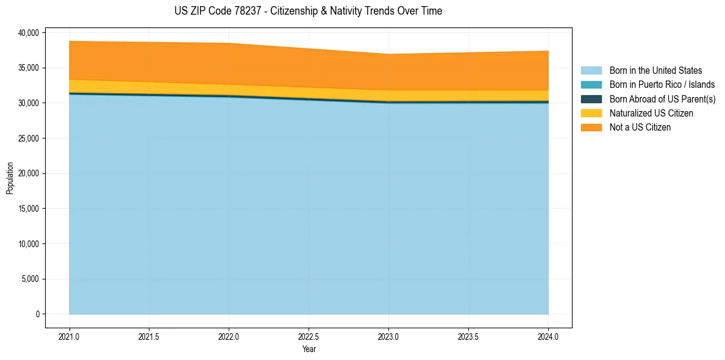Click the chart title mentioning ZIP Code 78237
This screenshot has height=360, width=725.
click(308, 11)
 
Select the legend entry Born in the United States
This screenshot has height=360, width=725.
click(655, 71)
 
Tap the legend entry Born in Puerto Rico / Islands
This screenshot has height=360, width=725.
click(662, 85)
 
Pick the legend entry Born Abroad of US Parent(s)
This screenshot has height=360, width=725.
click(662, 99)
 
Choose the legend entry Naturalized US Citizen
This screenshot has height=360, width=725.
click(651, 113)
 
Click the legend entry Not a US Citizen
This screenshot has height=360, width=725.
click(640, 128)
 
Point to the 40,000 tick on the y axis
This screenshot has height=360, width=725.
click(27, 32)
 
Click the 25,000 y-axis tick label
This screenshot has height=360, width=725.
click(27, 139)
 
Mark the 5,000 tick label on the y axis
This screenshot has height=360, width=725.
click(29, 279)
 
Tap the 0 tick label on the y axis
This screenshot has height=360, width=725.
click(37, 314)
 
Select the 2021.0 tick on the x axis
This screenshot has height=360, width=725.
click(70, 336)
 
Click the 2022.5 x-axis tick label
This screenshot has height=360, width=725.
click(309, 336)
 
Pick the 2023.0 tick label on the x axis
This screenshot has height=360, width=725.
click(388, 336)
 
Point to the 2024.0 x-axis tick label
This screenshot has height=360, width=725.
click(548, 336)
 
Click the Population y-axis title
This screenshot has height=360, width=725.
click(10, 178)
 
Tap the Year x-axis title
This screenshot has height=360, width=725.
click(309, 349)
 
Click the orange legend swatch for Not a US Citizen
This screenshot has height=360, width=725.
click(591, 128)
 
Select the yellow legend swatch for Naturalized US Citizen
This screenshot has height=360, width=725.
click(591, 113)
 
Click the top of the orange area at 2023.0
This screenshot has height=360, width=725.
click(388, 54)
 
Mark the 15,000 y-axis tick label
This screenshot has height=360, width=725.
click(27, 209)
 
